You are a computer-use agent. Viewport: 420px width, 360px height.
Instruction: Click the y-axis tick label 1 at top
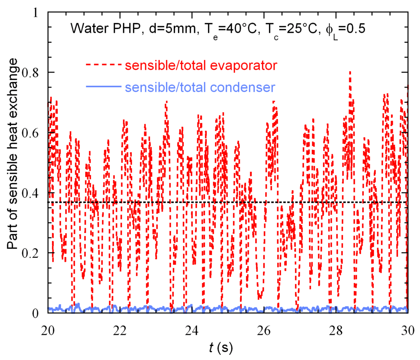click(39, 13)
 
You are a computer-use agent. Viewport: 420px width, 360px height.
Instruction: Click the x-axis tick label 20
click(48, 330)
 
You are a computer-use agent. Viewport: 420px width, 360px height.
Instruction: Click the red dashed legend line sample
click(103, 65)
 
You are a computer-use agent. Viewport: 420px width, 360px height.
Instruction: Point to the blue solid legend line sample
click(103, 87)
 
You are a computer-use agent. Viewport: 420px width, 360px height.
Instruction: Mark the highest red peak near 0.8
click(350, 72)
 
